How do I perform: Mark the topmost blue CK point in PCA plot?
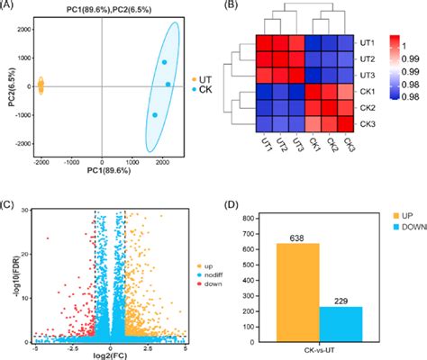(164, 63)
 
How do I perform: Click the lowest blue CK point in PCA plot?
(154, 115)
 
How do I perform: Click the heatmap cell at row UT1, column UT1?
(267, 43)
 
